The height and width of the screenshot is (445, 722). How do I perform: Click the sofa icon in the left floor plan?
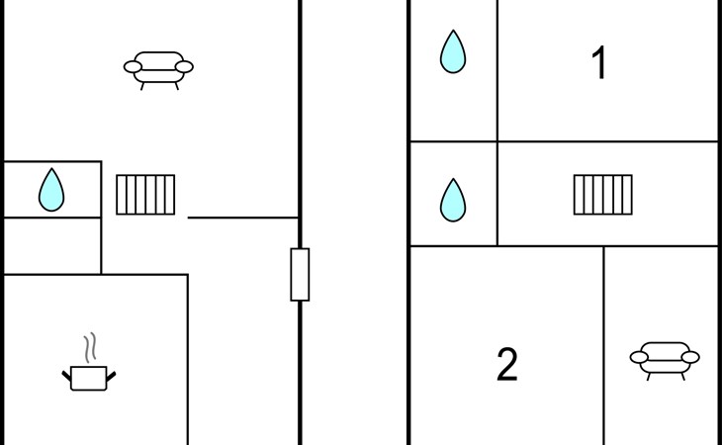pos(158,68)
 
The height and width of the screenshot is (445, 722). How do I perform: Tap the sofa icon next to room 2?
pos(665,358)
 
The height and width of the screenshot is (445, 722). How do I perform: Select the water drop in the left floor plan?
pos(50,190)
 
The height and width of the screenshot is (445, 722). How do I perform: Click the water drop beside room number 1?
pos(452,51)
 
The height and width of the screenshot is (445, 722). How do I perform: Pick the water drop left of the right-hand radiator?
pos(452,200)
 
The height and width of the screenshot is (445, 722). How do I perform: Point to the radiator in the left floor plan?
pos(145,195)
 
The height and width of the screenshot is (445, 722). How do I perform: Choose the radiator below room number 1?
pos(602,195)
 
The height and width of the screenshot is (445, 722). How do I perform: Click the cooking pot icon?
pos(88,376)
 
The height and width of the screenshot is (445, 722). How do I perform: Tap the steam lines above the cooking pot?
pos(90,347)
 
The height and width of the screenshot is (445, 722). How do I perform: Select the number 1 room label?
pos(598,64)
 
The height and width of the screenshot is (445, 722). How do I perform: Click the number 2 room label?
pos(506,366)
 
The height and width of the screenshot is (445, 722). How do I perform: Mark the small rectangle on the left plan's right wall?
pos(300,274)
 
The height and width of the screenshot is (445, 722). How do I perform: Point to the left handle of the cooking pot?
pos(67,373)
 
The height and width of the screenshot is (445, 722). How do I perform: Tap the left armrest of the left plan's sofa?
pos(132,67)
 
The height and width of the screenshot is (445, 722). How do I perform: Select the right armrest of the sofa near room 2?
pos(690,357)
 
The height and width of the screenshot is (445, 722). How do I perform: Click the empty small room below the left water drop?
pos(50,245)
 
